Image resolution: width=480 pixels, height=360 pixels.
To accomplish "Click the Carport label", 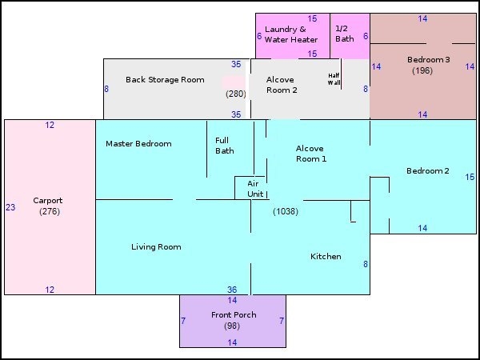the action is [48, 201].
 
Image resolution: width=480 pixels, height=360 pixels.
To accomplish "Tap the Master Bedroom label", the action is [138, 143].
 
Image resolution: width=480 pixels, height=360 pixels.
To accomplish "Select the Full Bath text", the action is [224, 146].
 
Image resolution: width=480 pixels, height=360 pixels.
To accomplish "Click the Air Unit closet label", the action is [255, 189].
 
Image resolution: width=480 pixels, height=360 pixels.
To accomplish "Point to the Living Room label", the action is [156, 247].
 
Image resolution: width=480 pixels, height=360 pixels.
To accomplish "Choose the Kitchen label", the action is [326, 257].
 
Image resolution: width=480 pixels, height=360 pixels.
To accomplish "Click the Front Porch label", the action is [234, 315].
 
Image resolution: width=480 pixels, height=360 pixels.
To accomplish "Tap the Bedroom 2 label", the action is [428, 171].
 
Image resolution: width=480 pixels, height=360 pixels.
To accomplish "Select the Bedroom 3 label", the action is [428, 60].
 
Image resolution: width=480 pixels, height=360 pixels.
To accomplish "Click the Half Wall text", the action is [334, 79].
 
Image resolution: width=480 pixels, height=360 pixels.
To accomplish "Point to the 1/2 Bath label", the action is [345, 34].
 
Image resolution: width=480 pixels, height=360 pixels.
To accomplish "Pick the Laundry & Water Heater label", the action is [291, 34].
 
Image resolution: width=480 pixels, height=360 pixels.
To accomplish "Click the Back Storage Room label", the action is [165, 80].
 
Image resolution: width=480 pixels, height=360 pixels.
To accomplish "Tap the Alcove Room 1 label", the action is [311, 154].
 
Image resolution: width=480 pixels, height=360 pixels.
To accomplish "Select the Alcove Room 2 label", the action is [282, 85].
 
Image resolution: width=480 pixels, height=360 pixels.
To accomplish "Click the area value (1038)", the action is [286, 211].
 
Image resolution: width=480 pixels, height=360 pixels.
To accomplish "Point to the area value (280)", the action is [236, 94].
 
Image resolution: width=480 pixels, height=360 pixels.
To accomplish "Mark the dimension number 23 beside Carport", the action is [10, 207].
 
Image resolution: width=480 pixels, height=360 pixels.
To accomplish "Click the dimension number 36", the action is [232, 290].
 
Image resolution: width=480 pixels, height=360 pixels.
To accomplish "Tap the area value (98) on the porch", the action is [232, 326].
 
